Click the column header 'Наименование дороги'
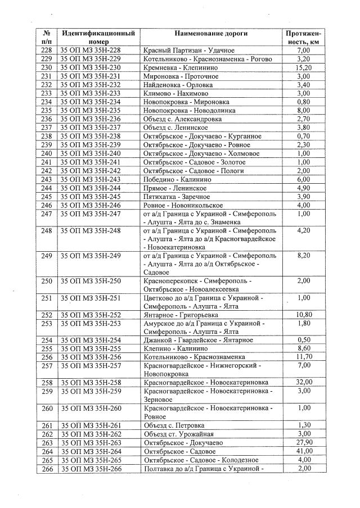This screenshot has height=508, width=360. tap(210, 33)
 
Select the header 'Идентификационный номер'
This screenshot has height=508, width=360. tap(98, 37)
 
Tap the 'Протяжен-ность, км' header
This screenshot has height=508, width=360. tap(303, 37)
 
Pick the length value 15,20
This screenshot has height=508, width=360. tap(303, 67)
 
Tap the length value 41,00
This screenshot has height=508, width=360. tap(303, 451)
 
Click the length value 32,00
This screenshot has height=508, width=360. tap(303, 382)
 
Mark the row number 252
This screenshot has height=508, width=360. tap(47, 315)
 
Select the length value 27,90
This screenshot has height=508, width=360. tap(303, 443)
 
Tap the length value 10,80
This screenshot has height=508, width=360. tap(303, 315)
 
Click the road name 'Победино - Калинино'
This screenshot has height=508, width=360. tap(176, 179)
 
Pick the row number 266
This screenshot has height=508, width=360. tap(47, 468)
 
